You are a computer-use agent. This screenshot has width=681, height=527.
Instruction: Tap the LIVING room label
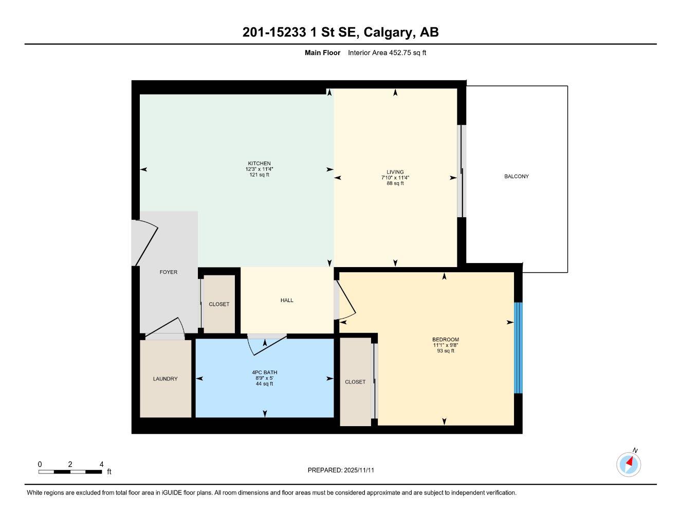point(395,172)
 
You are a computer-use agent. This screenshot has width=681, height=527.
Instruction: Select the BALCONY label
point(516,177)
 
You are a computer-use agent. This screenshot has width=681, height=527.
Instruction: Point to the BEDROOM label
point(445,340)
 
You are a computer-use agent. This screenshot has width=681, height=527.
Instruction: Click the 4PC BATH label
point(264,373)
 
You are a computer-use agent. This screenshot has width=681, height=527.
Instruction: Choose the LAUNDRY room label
point(165,379)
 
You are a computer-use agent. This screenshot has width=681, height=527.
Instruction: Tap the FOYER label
point(168,272)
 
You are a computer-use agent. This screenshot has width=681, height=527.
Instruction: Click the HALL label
point(287,300)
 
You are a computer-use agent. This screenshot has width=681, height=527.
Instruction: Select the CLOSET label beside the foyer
point(219,304)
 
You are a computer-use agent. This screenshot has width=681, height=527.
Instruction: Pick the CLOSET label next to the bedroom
point(355,382)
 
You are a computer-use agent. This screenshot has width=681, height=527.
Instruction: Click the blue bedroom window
point(518,347)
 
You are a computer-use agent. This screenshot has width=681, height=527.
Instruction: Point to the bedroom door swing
point(345,301)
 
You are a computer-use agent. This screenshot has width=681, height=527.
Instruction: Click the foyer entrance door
point(145,242)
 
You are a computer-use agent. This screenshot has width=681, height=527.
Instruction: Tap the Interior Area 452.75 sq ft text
point(387,52)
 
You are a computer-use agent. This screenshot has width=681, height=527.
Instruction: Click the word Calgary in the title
point(388,32)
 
